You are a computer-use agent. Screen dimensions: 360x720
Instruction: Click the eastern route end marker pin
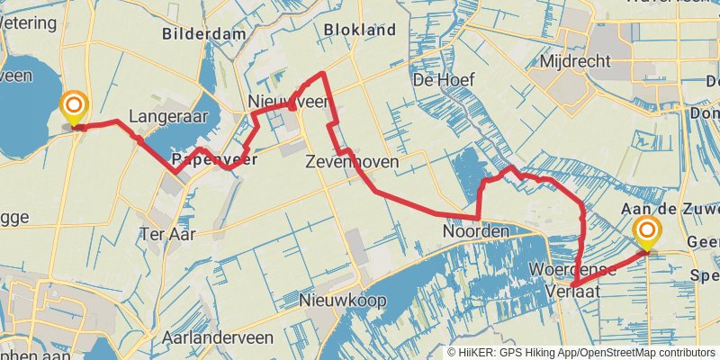tap(646, 234)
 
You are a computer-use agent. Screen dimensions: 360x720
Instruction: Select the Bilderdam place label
tap(203, 34)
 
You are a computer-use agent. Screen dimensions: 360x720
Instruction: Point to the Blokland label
tap(360, 30)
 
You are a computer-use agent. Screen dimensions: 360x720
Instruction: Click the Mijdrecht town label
tap(575, 61)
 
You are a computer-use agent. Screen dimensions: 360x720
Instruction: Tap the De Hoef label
tap(443, 80)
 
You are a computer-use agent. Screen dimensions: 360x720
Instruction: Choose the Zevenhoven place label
tap(352, 163)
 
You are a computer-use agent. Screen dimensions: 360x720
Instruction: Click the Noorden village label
tap(475, 231)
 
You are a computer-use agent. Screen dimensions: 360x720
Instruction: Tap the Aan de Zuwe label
tap(670, 209)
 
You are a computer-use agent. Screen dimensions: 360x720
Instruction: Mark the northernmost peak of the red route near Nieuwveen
tap(322, 73)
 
